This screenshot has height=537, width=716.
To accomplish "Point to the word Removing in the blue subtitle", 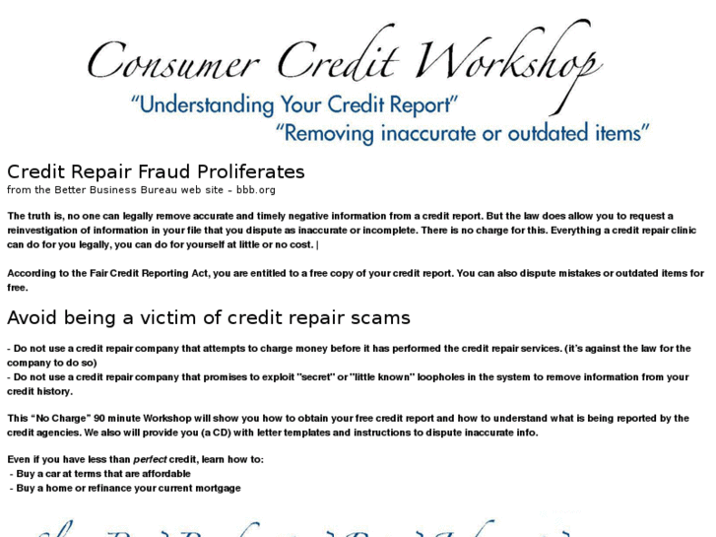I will coord(332,132).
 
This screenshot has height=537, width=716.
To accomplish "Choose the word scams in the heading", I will coord(380,318).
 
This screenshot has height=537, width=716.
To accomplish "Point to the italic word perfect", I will coord(151,460).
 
